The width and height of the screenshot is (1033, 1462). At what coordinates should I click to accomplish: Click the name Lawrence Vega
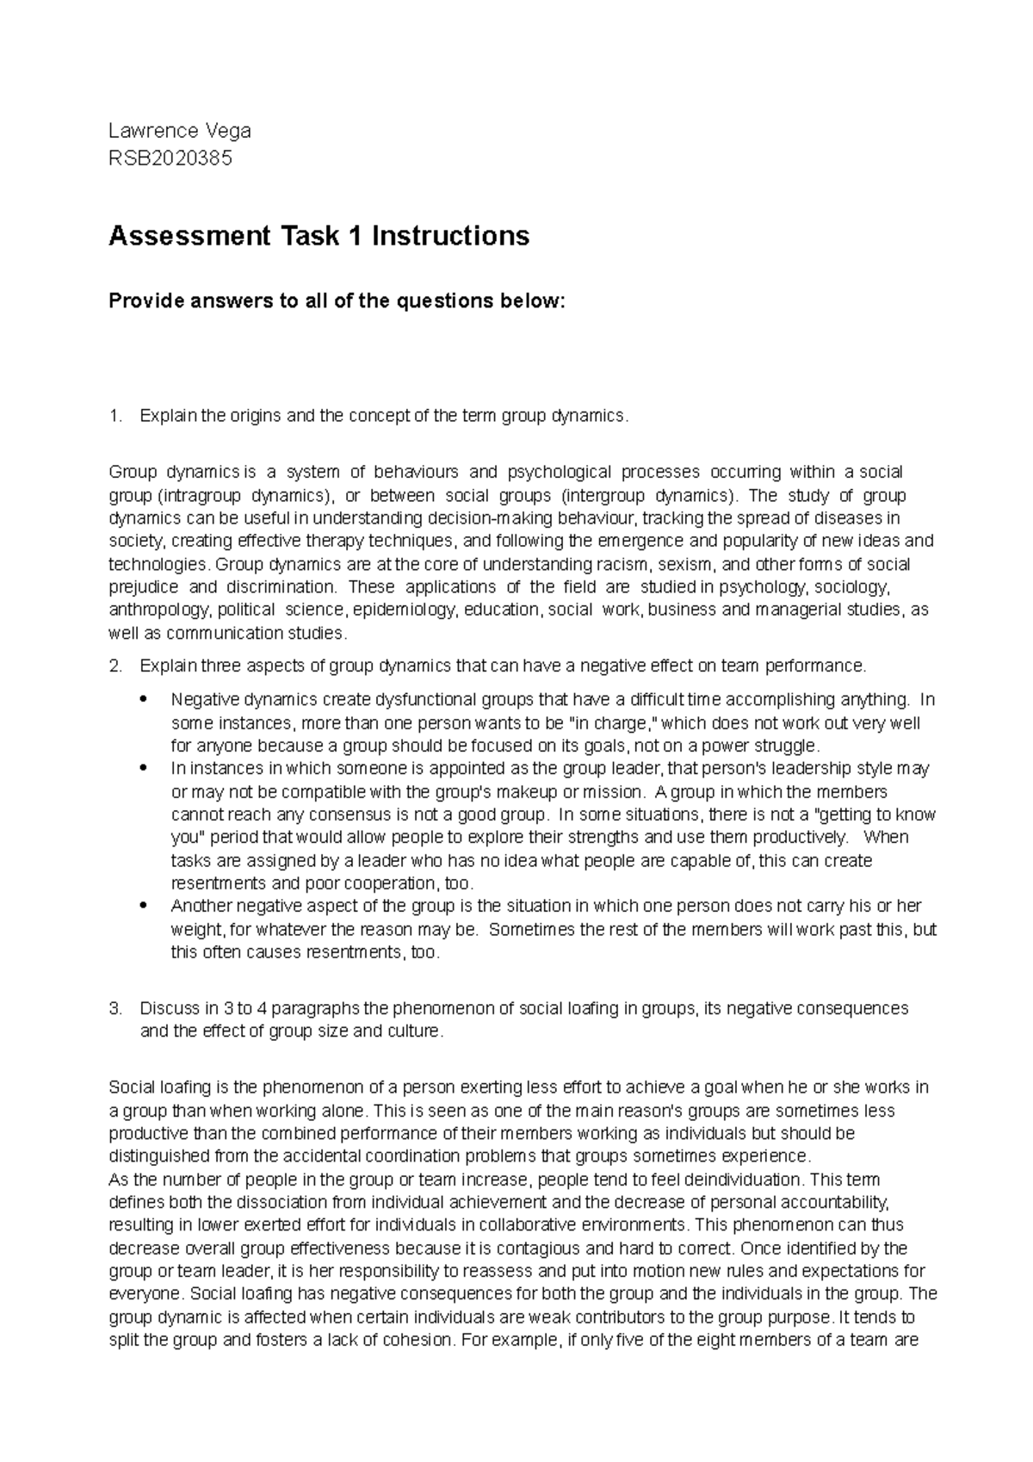(179, 131)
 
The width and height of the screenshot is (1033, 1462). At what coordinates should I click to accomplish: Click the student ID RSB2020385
(170, 158)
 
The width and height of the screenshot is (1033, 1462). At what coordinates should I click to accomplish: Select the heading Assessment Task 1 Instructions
(319, 235)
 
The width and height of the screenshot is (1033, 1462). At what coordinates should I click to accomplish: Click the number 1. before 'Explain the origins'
(115, 417)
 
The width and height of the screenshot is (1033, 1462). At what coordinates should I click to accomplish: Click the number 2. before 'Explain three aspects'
(115, 666)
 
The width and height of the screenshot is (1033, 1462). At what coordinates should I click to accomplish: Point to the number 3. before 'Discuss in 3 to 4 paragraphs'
(115, 1008)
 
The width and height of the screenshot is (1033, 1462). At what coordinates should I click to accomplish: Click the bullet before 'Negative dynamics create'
(143, 699)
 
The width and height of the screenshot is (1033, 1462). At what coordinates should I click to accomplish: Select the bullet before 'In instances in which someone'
(143, 768)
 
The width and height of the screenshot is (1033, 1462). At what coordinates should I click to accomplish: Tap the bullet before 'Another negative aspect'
(143, 907)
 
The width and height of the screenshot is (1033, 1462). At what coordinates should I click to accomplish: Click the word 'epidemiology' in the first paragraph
(405, 610)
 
